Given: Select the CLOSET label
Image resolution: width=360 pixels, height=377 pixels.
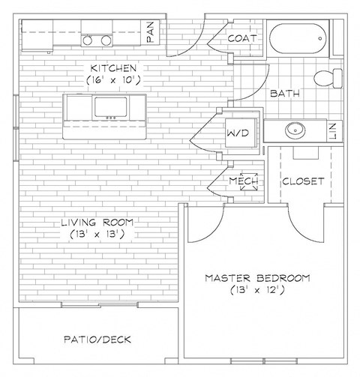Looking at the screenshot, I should click(x=303, y=181).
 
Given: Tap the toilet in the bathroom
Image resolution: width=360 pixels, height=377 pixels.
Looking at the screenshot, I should click(x=324, y=77).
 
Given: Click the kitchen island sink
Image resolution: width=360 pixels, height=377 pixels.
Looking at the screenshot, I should click(x=112, y=107).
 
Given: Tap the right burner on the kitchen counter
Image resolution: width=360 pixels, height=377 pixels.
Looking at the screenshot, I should click(x=106, y=40).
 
